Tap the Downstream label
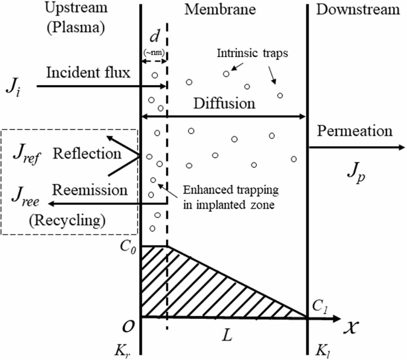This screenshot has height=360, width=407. [358, 9]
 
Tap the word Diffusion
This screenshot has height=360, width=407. [224, 104]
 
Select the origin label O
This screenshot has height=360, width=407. [128, 327]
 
